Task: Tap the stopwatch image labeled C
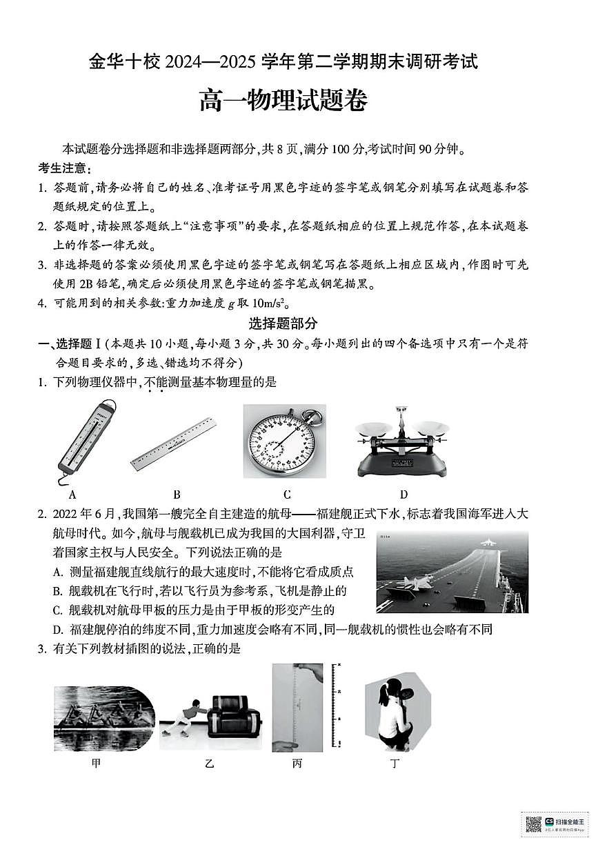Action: (283, 441)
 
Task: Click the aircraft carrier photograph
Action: (452, 572)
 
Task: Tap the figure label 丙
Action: (297, 764)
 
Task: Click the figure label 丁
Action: (395, 764)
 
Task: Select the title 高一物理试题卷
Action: (283, 101)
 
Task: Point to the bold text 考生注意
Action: (63, 168)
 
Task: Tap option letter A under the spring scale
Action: (72, 494)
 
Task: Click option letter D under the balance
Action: (403, 494)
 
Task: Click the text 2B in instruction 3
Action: (92, 283)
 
